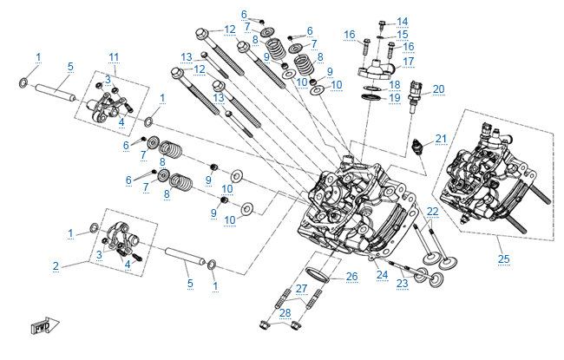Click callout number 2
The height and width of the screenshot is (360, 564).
tap(56, 265)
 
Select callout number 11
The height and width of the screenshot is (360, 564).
tap(114, 56)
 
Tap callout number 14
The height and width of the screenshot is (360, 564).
tap(402, 21)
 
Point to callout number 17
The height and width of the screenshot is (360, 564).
tap(408, 61)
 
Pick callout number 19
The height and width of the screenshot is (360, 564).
tap(395, 98)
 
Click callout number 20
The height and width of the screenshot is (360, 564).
tap(438, 88)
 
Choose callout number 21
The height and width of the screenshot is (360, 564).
tap(441, 139)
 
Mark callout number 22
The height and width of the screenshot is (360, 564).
tap(432, 212)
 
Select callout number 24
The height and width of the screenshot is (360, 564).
tap(382, 275)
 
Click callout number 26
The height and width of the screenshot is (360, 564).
tap(351, 277)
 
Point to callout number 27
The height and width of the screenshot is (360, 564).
tap(301, 288)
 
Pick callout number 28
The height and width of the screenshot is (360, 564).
tap(285, 311)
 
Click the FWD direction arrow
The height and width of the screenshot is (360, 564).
tap(42, 328)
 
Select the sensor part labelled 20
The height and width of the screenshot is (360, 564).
tap(418, 91)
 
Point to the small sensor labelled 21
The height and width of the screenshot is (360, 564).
tap(423, 146)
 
